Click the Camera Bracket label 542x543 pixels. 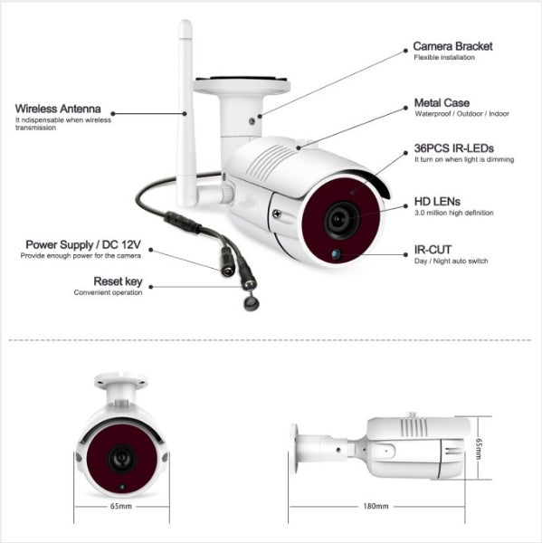point(453,46)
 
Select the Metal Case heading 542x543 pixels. point(442,103)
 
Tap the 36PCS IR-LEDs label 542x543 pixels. point(454,148)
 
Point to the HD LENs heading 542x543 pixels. point(437,201)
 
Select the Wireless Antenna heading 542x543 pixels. point(57,108)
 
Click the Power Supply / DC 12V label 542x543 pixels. point(83,244)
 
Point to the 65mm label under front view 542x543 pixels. point(121,507)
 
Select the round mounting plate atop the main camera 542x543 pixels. point(242,86)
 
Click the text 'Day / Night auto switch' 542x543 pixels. point(451,261)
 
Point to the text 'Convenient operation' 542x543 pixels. point(108,293)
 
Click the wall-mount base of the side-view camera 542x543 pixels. point(295,448)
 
